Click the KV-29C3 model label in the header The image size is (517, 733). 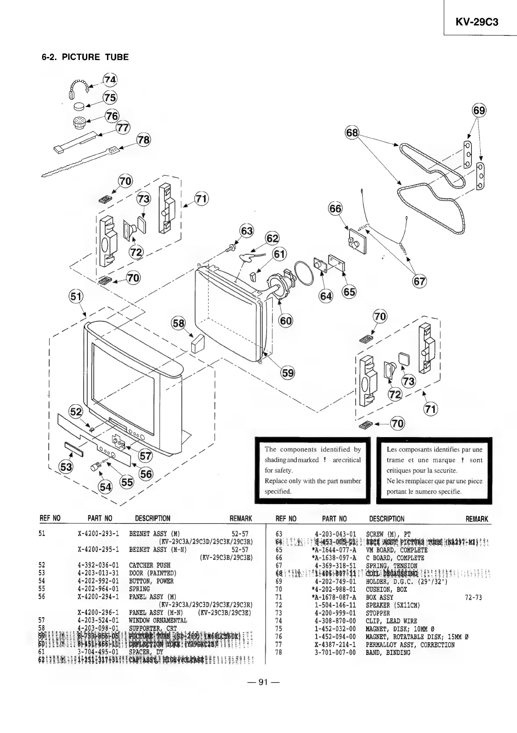(477, 22)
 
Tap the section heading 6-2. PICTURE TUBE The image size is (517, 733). (85, 57)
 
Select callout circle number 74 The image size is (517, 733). (110, 80)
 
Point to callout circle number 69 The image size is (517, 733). (479, 110)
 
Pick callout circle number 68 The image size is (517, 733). (352, 132)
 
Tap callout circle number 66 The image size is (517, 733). (335, 209)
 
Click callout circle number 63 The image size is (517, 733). (247, 231)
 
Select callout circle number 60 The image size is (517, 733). (286, 321)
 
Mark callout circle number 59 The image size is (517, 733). (288, 373)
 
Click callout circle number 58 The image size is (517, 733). (178, 323)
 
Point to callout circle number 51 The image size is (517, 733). (76, 297)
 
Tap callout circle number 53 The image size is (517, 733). (66, 467)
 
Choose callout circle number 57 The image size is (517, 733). (145, 456)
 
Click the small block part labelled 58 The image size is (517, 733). (196, 343)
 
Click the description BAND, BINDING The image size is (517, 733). (388, 653)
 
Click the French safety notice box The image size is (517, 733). (434, 470)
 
